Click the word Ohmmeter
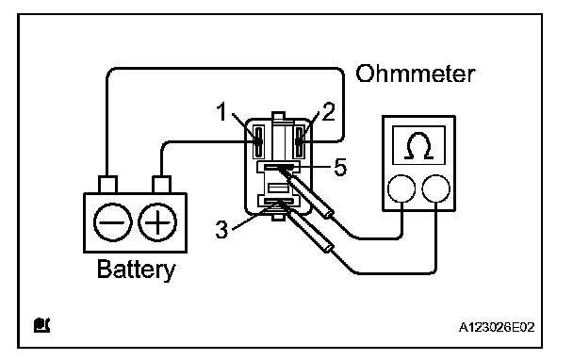(x=416, y=74)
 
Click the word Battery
(x=136, y=270)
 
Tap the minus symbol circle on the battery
(x=112, y=222)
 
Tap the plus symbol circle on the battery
(x=157, y=222)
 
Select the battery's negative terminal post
(x=107, y=185)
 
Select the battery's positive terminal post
(x=161, y=185)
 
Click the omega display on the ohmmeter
(x=418, y=145)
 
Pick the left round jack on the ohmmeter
(x=401, y=188)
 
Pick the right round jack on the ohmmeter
(x=436, y=188)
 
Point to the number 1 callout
(x=221, y=111)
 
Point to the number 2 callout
(x=329, y=111)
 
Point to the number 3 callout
(x=221, y=230)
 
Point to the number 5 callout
(x=340, y=168)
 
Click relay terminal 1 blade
(x=259, y=141)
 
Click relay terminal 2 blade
(x=300, y=141)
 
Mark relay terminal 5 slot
(x=278, y=167)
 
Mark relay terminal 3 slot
(x=278, y=201)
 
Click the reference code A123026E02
(x=497, y=327)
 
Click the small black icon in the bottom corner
(x=41, y=325)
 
